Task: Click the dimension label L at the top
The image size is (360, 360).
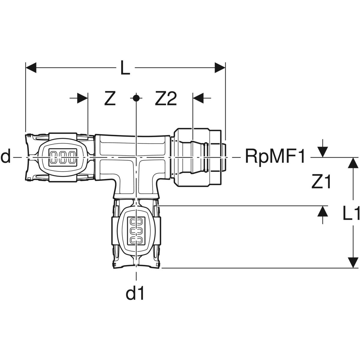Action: (x=125, y=68)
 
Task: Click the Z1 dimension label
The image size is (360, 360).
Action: (x=321, y=182)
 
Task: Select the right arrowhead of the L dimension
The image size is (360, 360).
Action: (x=220, y=68)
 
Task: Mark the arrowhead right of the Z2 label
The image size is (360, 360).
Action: (x=198, y=98)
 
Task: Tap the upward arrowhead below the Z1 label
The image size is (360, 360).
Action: (x=322, y=211)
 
